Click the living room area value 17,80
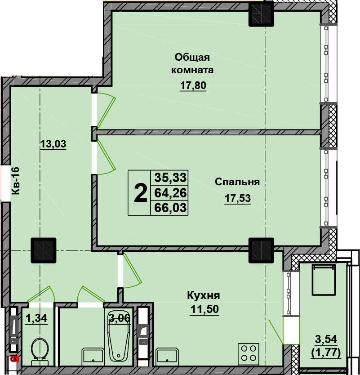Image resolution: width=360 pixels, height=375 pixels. (193, 85)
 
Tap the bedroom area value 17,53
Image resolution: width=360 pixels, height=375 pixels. (238, 198)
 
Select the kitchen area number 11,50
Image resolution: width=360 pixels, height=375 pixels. (204, 309)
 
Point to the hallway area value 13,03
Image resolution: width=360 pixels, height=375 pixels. (53, 144)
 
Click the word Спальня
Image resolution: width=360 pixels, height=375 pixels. (237, 182)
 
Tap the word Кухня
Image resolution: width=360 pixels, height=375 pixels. (204, 295)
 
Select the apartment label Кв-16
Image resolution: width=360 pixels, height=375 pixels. (16, 181)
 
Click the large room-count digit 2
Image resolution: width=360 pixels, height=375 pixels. (140, 193)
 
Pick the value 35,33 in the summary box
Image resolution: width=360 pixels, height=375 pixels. (170, 178)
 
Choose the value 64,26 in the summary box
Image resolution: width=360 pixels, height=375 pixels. (170, 193)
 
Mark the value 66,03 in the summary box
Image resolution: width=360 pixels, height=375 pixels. (170, 208)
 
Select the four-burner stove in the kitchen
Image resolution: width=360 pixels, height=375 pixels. (249, 353)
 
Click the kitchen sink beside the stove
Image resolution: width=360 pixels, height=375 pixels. (167, 355)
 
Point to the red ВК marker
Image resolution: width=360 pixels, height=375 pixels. (14, 359)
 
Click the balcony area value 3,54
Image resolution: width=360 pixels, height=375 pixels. (326, 339)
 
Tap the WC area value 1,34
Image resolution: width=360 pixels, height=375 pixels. (36, 318)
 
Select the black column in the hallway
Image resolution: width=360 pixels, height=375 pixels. (44, 250)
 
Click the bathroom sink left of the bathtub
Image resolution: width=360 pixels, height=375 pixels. (93, 355)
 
